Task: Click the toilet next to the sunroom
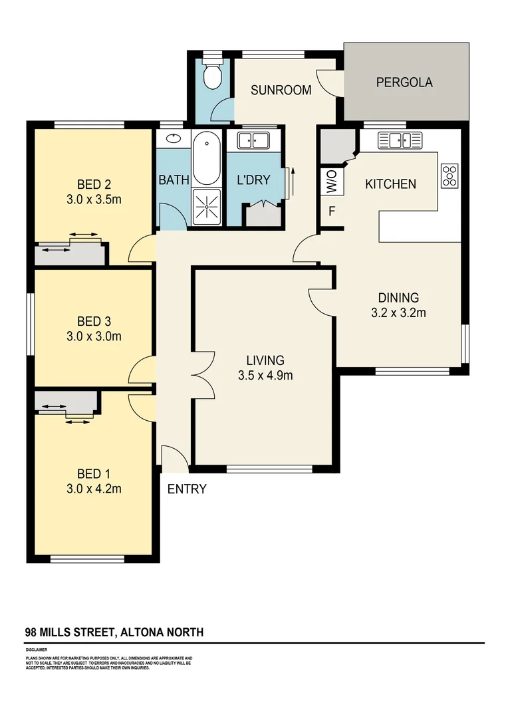click(213, 76)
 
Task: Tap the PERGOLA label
click(404, 82)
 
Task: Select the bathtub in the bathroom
click(207, 160)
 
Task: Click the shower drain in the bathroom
click(207, 207)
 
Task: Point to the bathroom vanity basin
click(172, 139)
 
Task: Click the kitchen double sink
click(400, 140)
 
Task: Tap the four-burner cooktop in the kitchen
click(449, 175)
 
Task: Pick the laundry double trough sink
click(252, 140)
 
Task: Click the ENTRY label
click(187, 489)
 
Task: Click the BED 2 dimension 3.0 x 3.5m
click(93, 199)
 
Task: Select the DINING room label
click(398, 298)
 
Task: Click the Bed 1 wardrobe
click(65, 403)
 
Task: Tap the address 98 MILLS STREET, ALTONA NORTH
click(114, 632)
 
